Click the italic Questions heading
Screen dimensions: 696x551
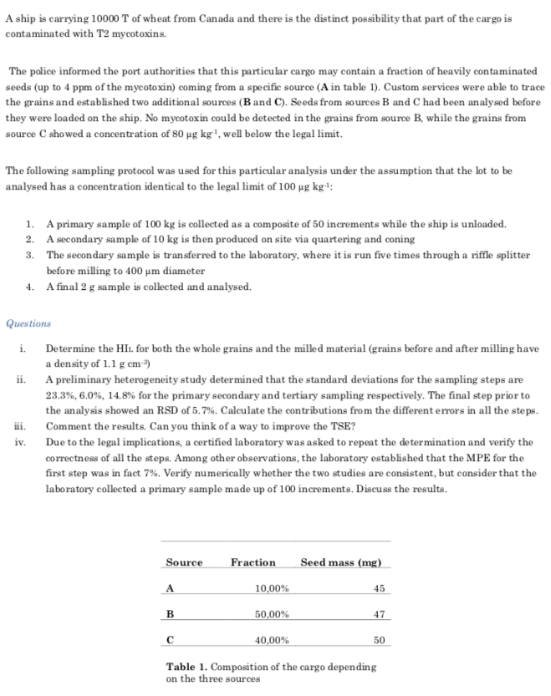coord(28,323)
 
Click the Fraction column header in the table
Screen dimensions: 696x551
coord(253,562)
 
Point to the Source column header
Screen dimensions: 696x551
coord(184,562)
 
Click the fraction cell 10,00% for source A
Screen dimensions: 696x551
coord(271,588)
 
